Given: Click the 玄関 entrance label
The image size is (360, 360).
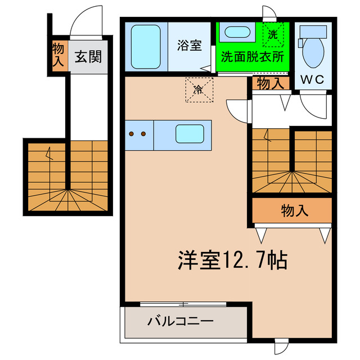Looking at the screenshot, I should [89, 57].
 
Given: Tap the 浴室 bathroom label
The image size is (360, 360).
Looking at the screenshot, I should [189, 46].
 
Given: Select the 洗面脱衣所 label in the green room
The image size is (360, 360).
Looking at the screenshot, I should [251, 57].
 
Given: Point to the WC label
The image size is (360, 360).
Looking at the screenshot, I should [312, 79].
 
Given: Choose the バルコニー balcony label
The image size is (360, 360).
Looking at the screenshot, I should [180, 323].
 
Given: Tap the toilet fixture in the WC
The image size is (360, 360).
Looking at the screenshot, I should [312, 48].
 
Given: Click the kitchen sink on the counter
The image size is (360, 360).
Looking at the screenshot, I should [190, 134].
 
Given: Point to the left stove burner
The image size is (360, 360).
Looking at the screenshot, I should [132, 134].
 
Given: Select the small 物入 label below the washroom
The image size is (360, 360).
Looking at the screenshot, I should [271, 84].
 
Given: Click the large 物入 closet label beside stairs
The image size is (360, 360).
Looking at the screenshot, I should [294, 211].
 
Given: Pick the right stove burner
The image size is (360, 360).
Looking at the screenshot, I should [144, 134].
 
